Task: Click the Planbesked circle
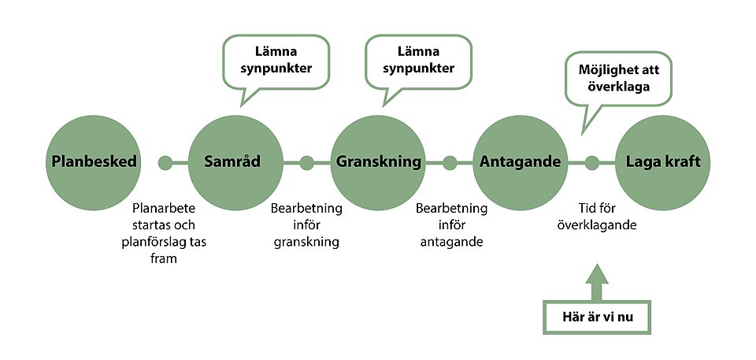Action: (93, 162)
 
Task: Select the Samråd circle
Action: (235, 162)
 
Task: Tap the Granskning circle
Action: (378, 162)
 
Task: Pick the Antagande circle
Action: (521, 162)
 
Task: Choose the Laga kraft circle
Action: (663, 162)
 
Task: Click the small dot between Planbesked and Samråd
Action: (165, 163)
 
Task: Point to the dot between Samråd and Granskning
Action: (306, 163)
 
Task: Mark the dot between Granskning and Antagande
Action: (450, 163)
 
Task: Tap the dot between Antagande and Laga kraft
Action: (591, 163)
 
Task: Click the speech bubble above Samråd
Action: (276, 62)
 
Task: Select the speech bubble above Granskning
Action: (418, 62)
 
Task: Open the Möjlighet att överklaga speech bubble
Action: (619, 79)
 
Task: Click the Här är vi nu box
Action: (597, 317)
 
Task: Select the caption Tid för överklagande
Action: (597, 217)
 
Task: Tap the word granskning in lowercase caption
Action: (306, 243)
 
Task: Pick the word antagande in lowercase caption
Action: (452, 242)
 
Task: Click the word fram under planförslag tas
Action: (164, 258)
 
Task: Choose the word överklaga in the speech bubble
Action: (619, 87)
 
